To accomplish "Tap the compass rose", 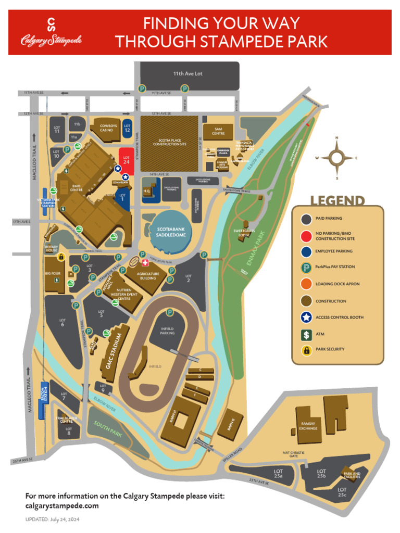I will coord(336,158).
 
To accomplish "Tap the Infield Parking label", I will coord(167,332).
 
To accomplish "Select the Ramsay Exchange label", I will coord(308,426).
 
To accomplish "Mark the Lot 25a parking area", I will coord(278,473).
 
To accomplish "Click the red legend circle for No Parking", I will coord(306,236).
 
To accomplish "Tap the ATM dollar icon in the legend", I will coord(306,334).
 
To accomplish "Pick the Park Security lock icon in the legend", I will coord(306,349).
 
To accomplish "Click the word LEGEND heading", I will coord(337,200).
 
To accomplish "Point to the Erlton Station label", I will coord(44,391).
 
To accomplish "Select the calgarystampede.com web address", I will coord(62,505).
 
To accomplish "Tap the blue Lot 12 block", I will coord(127,128).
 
